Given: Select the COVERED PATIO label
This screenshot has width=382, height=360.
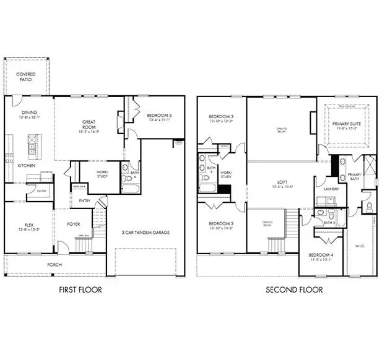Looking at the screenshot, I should (x=25, y=77).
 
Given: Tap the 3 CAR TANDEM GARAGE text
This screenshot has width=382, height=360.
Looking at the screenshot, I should (x=145, y=233).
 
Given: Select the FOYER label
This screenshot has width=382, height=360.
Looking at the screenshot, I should (x=74, y=225).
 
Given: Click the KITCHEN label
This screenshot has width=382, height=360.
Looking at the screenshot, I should (x=26, y=166).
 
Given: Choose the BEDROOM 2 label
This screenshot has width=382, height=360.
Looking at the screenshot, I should (x=220, y=226).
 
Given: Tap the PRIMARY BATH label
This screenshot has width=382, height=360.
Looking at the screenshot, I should (x=354, y=177).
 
